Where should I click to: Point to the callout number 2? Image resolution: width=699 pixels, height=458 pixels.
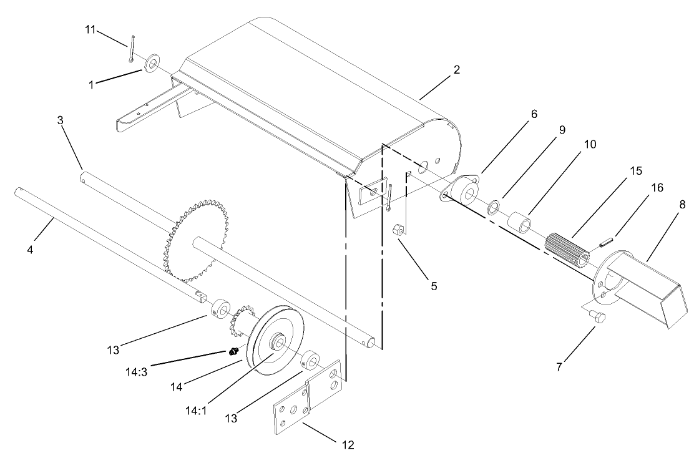457,69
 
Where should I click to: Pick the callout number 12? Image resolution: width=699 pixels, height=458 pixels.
348,445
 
